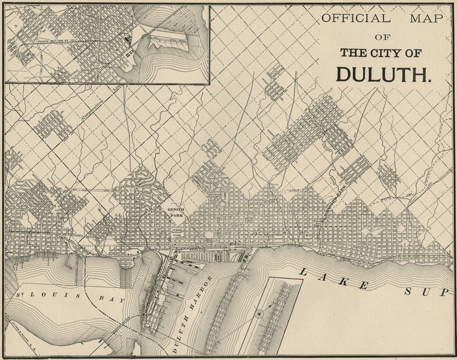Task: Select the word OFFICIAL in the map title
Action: click(355, 18)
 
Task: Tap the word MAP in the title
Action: click(426, 18)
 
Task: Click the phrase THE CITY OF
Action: click(383, 53)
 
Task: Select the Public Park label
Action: click(177, 232)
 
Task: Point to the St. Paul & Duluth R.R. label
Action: click(21, 329)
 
